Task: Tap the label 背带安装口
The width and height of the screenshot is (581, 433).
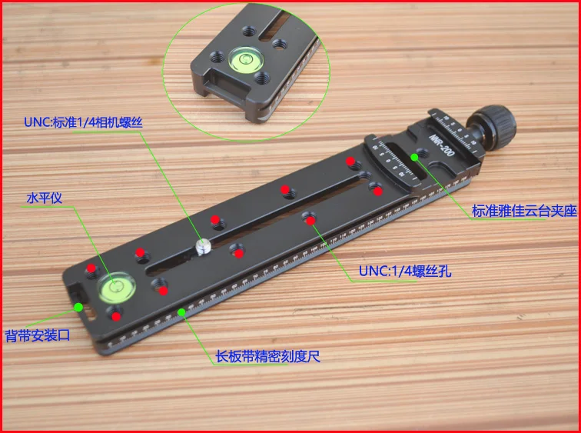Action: pos(37,335)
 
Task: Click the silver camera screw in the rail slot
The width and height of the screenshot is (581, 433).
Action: pos(203,246)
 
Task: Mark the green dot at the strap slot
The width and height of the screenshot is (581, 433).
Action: pos(78,307)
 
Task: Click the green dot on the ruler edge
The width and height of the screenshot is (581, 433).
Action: pos(182,311)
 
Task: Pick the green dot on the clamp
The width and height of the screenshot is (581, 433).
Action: pos(414,157)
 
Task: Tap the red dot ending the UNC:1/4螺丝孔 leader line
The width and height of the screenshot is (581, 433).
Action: pos(310,221)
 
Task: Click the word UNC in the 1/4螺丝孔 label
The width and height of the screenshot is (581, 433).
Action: pos(371,271)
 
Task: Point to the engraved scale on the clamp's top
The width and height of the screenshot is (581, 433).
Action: pos(401,165)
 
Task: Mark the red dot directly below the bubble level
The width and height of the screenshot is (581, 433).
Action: pos(116,316)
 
